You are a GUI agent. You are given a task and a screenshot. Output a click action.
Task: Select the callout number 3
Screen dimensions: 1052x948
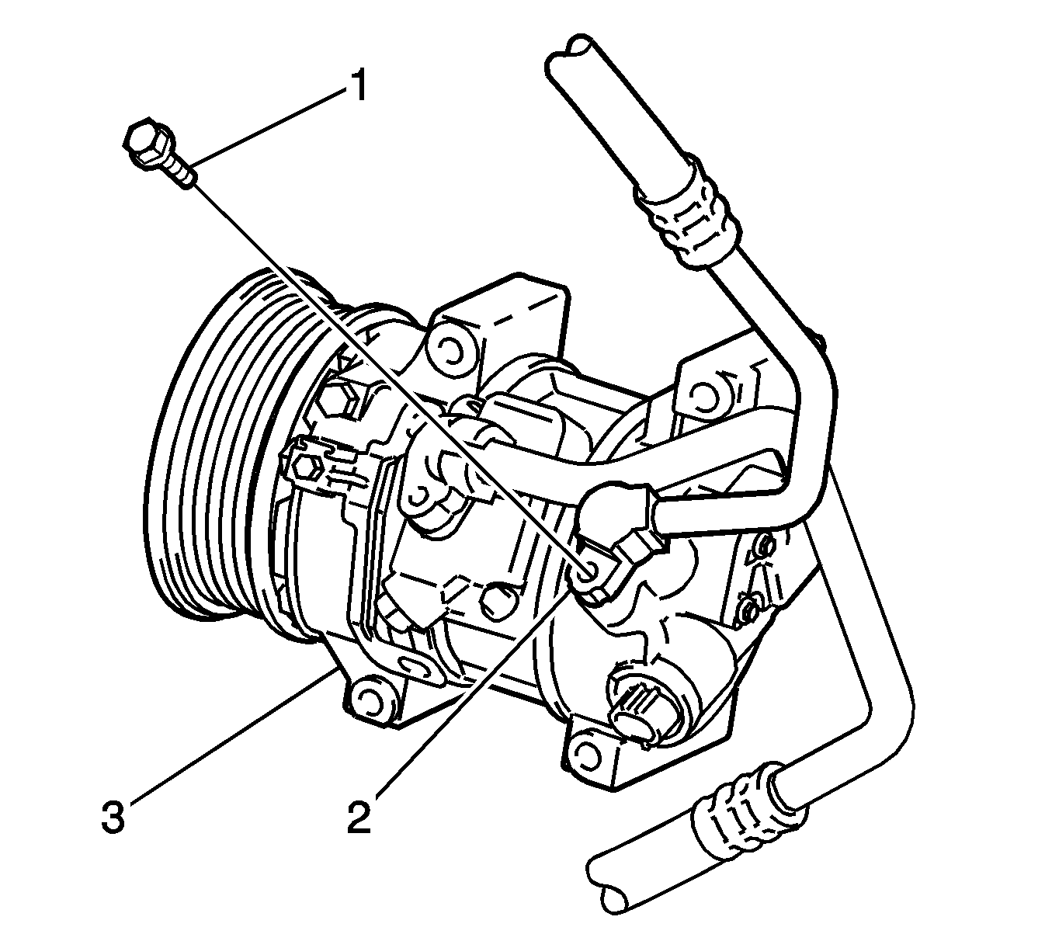pos(113,817)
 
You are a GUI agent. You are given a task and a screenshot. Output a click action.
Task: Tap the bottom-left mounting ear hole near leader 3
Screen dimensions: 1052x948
pos(370,699)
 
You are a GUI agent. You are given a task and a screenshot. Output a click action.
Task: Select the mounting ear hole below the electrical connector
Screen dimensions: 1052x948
pos(583,756)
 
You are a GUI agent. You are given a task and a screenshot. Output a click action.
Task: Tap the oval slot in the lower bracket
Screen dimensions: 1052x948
pos(416,664)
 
